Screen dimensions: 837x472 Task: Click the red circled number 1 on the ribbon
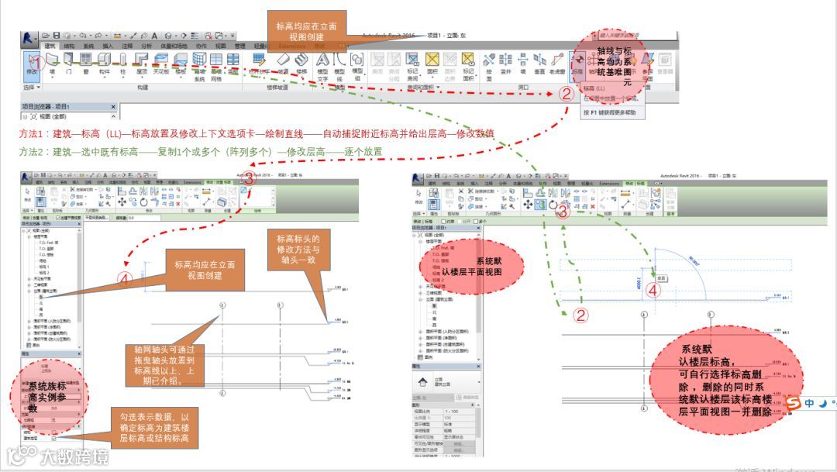35,61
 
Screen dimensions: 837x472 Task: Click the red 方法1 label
33,133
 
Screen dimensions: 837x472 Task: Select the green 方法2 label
33,151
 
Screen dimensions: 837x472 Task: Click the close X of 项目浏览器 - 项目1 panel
113,106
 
